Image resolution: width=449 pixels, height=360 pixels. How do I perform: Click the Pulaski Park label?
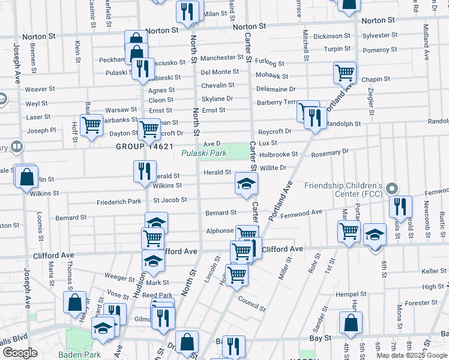pos(204,154)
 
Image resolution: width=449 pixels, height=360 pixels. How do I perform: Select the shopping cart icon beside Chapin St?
pos(345,73)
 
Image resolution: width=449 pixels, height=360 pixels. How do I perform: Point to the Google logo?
pos(19,353)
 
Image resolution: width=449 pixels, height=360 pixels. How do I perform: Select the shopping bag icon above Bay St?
pos(351,323)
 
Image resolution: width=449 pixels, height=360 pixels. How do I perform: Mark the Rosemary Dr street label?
pos(330,152)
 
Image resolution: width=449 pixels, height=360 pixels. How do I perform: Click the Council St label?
pos(251,304)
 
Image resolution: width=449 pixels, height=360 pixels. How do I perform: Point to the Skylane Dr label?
pos(217,98)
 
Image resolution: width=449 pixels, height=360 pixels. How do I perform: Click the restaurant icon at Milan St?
pos(188,11)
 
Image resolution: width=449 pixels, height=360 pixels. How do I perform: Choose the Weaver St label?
pos(40,89)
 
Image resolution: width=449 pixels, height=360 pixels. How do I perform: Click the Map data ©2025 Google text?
pos(412,355)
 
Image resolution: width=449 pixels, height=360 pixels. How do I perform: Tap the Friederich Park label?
pos(118,202)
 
